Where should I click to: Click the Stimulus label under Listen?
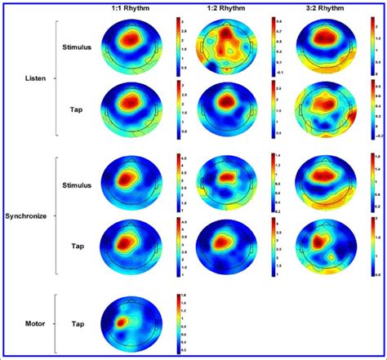pyautogui.click(x=77, y=47)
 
